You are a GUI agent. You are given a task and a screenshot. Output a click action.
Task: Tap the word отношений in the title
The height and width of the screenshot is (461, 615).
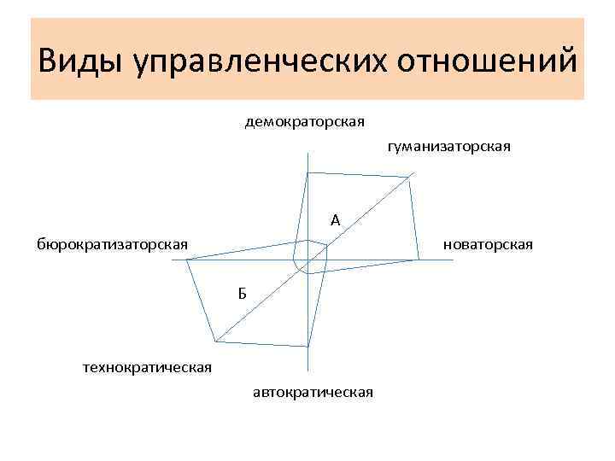tap(485, 61)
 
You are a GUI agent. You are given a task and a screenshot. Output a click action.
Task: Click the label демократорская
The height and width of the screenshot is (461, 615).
tap(304, 121)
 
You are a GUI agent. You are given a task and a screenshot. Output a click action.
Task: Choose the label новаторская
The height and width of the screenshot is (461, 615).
tap(488, 245)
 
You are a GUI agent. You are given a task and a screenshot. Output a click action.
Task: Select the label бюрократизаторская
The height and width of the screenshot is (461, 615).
tap(112, 245)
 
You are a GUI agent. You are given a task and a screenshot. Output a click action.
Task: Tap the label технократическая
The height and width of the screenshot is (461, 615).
tap(146, 368)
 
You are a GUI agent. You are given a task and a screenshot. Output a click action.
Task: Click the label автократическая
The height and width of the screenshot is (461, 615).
tap(313, 392)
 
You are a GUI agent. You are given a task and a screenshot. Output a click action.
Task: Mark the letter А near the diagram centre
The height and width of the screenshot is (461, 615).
tap(336, 221)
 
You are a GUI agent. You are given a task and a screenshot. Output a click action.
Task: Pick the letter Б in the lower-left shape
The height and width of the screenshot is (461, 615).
tap(243, 295)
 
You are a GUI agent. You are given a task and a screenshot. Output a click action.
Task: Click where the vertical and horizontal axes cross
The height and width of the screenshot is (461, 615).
tap(306, 261)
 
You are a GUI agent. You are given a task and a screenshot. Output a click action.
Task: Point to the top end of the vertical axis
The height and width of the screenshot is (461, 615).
tap(306, 154)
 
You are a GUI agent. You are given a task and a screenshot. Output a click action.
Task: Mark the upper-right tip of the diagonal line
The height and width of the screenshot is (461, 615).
tap(413, 174)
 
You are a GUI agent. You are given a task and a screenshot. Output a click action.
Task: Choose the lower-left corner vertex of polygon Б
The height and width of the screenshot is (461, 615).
tap(215, 341)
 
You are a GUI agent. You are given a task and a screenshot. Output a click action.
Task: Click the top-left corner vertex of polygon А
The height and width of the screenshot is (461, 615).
tap(307, 172)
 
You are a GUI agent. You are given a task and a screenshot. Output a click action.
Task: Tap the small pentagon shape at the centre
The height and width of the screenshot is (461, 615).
tap(311, 255)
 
